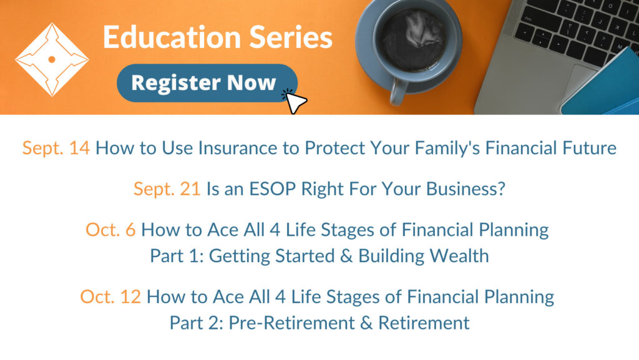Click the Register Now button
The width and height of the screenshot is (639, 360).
click(207, 83)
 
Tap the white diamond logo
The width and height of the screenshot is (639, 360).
click(52, 59)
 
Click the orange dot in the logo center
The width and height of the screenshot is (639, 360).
click(52, 59)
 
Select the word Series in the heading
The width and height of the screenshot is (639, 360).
click(291, 37)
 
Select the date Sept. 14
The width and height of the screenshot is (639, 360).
click(56, 148)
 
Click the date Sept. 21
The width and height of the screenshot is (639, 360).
click(167, 189)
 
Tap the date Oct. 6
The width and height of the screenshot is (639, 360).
click(110, 230)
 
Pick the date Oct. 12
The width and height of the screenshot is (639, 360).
click(110, 297)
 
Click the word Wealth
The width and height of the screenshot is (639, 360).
click(459, 256)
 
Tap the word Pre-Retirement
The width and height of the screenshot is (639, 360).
click(291, 323)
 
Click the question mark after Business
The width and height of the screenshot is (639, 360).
click(501, 189)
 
